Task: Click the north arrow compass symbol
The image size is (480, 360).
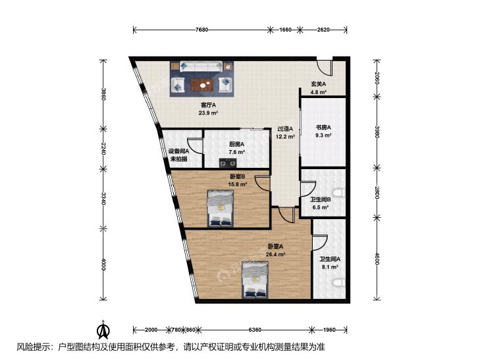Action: (x=103, y=330)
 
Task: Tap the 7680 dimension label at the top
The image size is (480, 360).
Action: (x=201, y=30)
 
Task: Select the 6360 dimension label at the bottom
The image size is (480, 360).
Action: (x=255, y=330)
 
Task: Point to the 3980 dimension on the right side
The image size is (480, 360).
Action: (x=377, y=132)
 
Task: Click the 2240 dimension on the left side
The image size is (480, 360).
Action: (x=103, y=148)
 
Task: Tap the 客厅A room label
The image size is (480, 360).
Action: (x=209, y=105)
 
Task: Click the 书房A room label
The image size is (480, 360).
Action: (x=323, y=127)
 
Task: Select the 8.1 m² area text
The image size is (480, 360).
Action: (x=329, y=267)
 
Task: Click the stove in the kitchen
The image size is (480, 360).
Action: (x=228, y=163)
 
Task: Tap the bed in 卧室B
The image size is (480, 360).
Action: (x=220, y=208)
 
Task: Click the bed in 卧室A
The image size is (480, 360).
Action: (x=255, y=280)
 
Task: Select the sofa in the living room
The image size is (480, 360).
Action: (x=201, y=66)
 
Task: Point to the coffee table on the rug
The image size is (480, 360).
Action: (x=201, y=85)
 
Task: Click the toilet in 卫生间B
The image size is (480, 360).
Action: (x=340, y=193)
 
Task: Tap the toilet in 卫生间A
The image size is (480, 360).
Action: (x=340, y=283)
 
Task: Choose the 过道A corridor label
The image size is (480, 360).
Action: (x=285, y=129)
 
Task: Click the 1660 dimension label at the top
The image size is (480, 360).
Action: (x=285, y=30)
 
